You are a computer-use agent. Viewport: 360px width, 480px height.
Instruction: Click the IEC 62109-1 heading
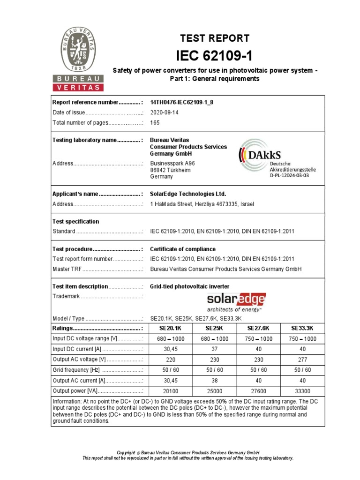(214, 56)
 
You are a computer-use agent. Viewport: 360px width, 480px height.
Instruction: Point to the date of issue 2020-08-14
(164, 112)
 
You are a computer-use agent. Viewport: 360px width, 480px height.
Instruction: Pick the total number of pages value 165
(155, 123)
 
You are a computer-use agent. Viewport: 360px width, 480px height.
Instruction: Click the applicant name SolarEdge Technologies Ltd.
(187, 194)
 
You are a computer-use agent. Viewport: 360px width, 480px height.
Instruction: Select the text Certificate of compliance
(182, 249)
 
